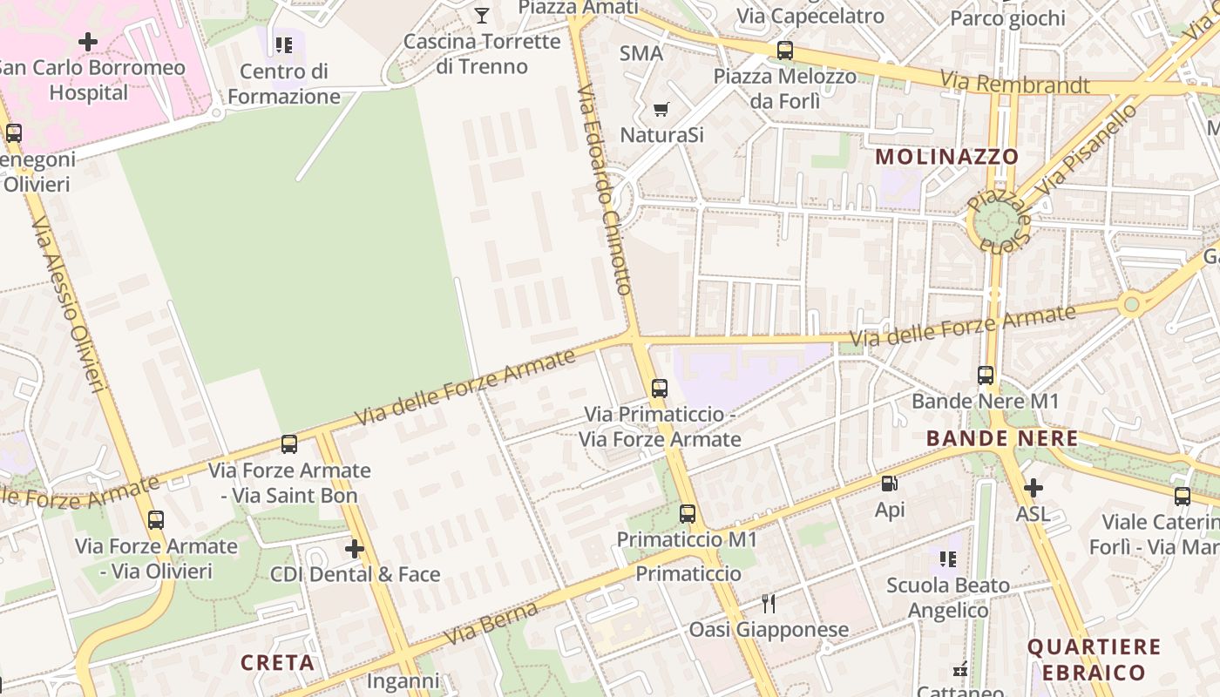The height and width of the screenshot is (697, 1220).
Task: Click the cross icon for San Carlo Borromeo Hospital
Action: coord(88,41)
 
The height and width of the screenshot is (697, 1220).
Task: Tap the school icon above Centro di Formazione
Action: coord(283,44)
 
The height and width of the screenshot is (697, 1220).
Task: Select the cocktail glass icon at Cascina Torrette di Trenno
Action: coord(481,15)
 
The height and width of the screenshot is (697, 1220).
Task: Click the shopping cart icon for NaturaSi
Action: coord(661,109)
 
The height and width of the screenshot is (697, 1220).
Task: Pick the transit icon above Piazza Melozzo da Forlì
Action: coord(785,50)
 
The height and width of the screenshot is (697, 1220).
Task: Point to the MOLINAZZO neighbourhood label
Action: coord(946,157)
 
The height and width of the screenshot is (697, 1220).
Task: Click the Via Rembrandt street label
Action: coord(1014,84)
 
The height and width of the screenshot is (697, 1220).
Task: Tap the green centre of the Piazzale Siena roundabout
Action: coord(995,220)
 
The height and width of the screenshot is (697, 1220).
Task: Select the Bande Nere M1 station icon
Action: coord(986,376)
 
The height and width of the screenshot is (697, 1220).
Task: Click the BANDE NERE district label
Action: coord(1002,438)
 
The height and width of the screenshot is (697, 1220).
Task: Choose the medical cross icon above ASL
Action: coord(1034,488)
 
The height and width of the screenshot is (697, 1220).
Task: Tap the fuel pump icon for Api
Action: coord(890,484)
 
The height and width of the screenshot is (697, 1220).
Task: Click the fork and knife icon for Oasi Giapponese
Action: coord(769,603)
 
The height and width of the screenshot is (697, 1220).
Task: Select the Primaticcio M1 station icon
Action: coord(688,514)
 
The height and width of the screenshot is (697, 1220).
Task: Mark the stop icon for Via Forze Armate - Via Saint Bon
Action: coord(289,444)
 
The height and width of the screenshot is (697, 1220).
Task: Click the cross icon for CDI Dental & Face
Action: coord(354,549)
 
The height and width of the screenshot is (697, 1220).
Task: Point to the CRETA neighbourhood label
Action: coord(277,663)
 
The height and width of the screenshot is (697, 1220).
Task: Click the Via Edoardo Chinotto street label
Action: coord(604,189)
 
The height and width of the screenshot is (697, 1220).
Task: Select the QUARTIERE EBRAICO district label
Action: coord(1094,660)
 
